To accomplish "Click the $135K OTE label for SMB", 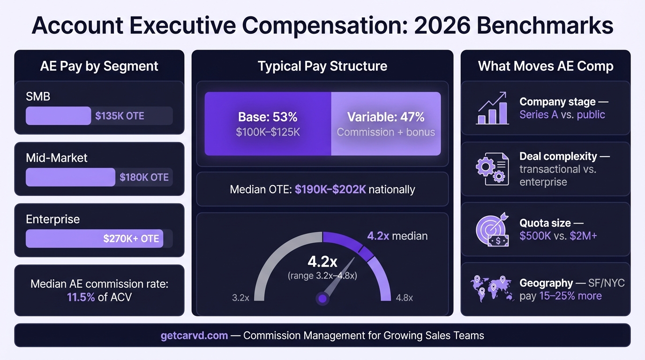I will click(x=120, y=116).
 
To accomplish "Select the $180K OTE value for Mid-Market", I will click(x=144, y=177).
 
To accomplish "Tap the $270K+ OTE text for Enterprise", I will click(x=131, y=239).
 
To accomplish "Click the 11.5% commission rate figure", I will click(x=81, y=297).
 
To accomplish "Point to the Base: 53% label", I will click(x=268, y=117).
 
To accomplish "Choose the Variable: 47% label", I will click(x=386, y=117).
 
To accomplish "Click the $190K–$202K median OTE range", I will click(x=330, y=189).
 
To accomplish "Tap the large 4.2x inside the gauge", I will click(x=322, y=261).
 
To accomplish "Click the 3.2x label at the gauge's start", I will click(x=240, y=298).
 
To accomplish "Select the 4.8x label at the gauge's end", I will click(x=404, y=298).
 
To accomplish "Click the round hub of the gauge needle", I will click(x=322, y=298).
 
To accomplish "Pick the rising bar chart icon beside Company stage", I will click(x=492, y=108).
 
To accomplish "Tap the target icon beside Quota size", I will click(x=492, y=229).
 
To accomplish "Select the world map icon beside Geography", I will click(x=492, y=289).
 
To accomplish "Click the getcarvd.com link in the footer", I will click(x=194, y=336).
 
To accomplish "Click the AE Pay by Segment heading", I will click(x=99, y=66).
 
